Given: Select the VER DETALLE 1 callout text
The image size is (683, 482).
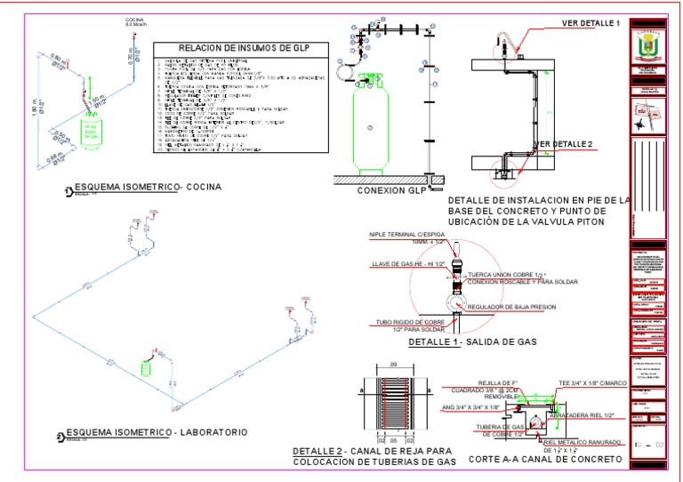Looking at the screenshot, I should tap(591, 22).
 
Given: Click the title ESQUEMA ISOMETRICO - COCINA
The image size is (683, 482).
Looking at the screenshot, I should tap(148, 187).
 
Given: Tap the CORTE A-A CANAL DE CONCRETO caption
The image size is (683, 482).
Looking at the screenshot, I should tap(543, 459).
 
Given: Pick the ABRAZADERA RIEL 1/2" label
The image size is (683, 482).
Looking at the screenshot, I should tap(583, 414).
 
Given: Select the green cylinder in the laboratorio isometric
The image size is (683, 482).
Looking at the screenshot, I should tap(149, 367).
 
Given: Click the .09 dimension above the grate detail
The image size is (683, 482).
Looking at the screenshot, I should tap(392, 366).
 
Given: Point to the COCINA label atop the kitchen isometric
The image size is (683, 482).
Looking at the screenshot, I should tap(134, 19).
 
